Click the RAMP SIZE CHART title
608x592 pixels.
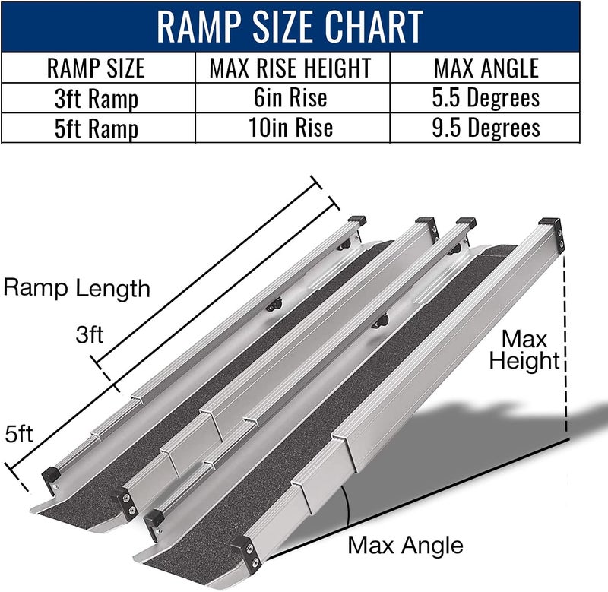(289, 27)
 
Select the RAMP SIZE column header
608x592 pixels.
(96, 68)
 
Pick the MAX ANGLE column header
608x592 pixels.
(487, 68)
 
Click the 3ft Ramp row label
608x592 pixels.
(96, 98)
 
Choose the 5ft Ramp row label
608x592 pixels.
(96, 127)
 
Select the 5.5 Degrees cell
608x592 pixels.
(487, 98)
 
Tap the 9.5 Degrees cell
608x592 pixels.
(487, 127)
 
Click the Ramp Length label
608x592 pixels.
(77, 289)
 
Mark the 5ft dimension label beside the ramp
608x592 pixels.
(18, 435)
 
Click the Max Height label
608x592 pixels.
(524, 349)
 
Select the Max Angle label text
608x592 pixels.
(405, 545)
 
